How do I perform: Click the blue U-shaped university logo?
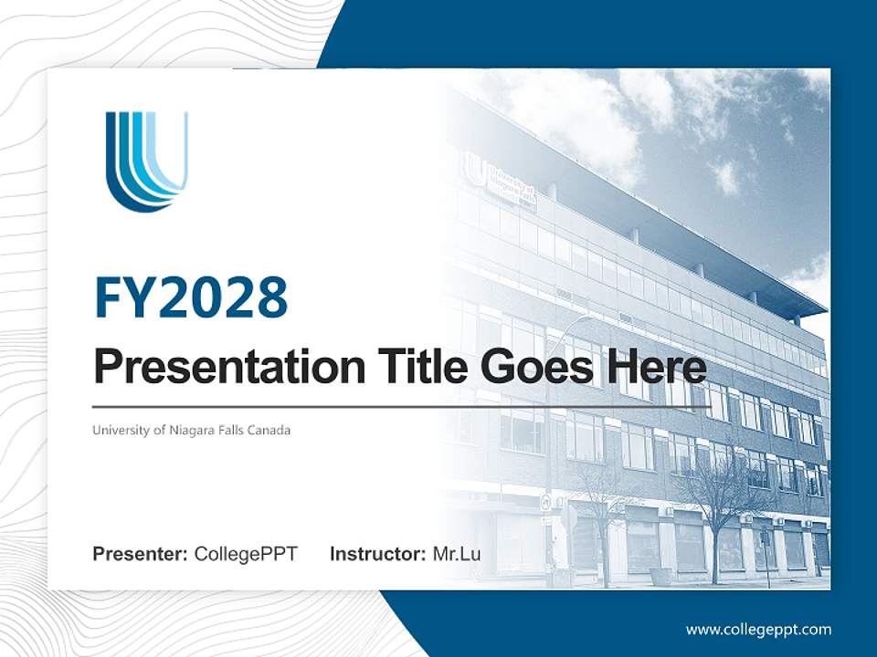pos(146,161)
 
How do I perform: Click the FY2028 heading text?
pos(191,297)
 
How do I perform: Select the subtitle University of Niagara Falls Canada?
pos(191,430)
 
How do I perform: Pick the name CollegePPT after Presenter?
pos(246,554)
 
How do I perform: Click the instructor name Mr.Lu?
pos(457,554)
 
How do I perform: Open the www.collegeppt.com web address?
pos(758,629)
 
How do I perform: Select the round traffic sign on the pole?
pos(545,501)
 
